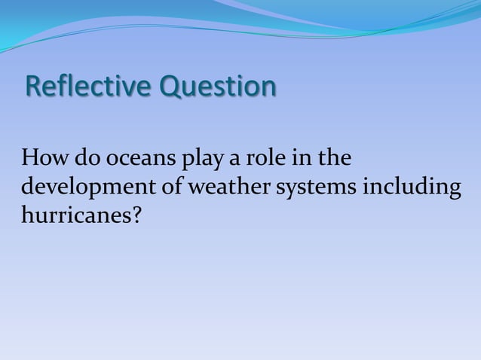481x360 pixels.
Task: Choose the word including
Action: (x=412, y=188)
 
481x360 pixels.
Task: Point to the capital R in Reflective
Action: (x=33, y=87)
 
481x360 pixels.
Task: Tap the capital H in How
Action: (x=30, y=160)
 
